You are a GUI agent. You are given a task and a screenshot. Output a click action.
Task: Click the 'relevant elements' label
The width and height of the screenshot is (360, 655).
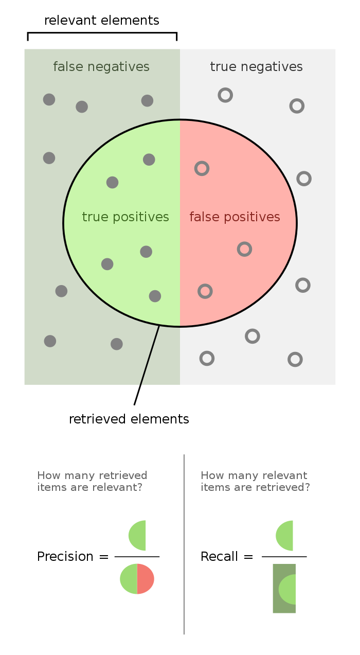102,21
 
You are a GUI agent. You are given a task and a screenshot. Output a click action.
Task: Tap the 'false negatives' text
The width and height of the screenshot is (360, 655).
101,67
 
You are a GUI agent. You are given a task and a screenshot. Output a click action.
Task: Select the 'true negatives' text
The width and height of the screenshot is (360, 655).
256,67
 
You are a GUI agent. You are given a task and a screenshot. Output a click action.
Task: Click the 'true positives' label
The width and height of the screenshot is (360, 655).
125,217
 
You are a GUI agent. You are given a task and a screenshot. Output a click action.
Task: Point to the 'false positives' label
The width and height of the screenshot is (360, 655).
235,217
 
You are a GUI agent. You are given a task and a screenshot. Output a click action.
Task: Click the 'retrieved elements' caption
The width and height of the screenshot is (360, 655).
129,419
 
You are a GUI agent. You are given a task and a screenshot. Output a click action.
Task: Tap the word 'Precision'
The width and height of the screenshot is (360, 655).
65,556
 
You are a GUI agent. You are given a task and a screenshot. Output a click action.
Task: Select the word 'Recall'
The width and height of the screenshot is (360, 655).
219,556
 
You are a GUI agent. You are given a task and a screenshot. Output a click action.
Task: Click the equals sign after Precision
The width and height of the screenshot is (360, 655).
104,557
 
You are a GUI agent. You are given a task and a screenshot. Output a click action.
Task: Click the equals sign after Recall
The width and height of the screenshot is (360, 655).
248,557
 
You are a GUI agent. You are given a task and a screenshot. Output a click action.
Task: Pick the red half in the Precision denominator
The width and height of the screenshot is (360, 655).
145,579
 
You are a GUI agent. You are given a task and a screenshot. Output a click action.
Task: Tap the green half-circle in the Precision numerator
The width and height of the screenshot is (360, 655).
138,536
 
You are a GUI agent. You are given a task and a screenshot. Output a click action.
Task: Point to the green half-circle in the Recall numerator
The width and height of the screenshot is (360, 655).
285,536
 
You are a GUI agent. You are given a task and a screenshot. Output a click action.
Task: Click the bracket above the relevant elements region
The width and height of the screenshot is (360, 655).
102,33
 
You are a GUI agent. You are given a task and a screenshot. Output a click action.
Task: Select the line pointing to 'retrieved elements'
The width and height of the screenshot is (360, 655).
147,365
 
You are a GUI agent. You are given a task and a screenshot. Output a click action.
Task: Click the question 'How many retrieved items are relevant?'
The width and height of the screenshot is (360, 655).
92,481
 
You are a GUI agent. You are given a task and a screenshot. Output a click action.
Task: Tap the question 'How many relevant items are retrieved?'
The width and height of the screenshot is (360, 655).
255,481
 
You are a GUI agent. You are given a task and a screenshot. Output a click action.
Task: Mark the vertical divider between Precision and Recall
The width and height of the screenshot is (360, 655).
184,544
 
